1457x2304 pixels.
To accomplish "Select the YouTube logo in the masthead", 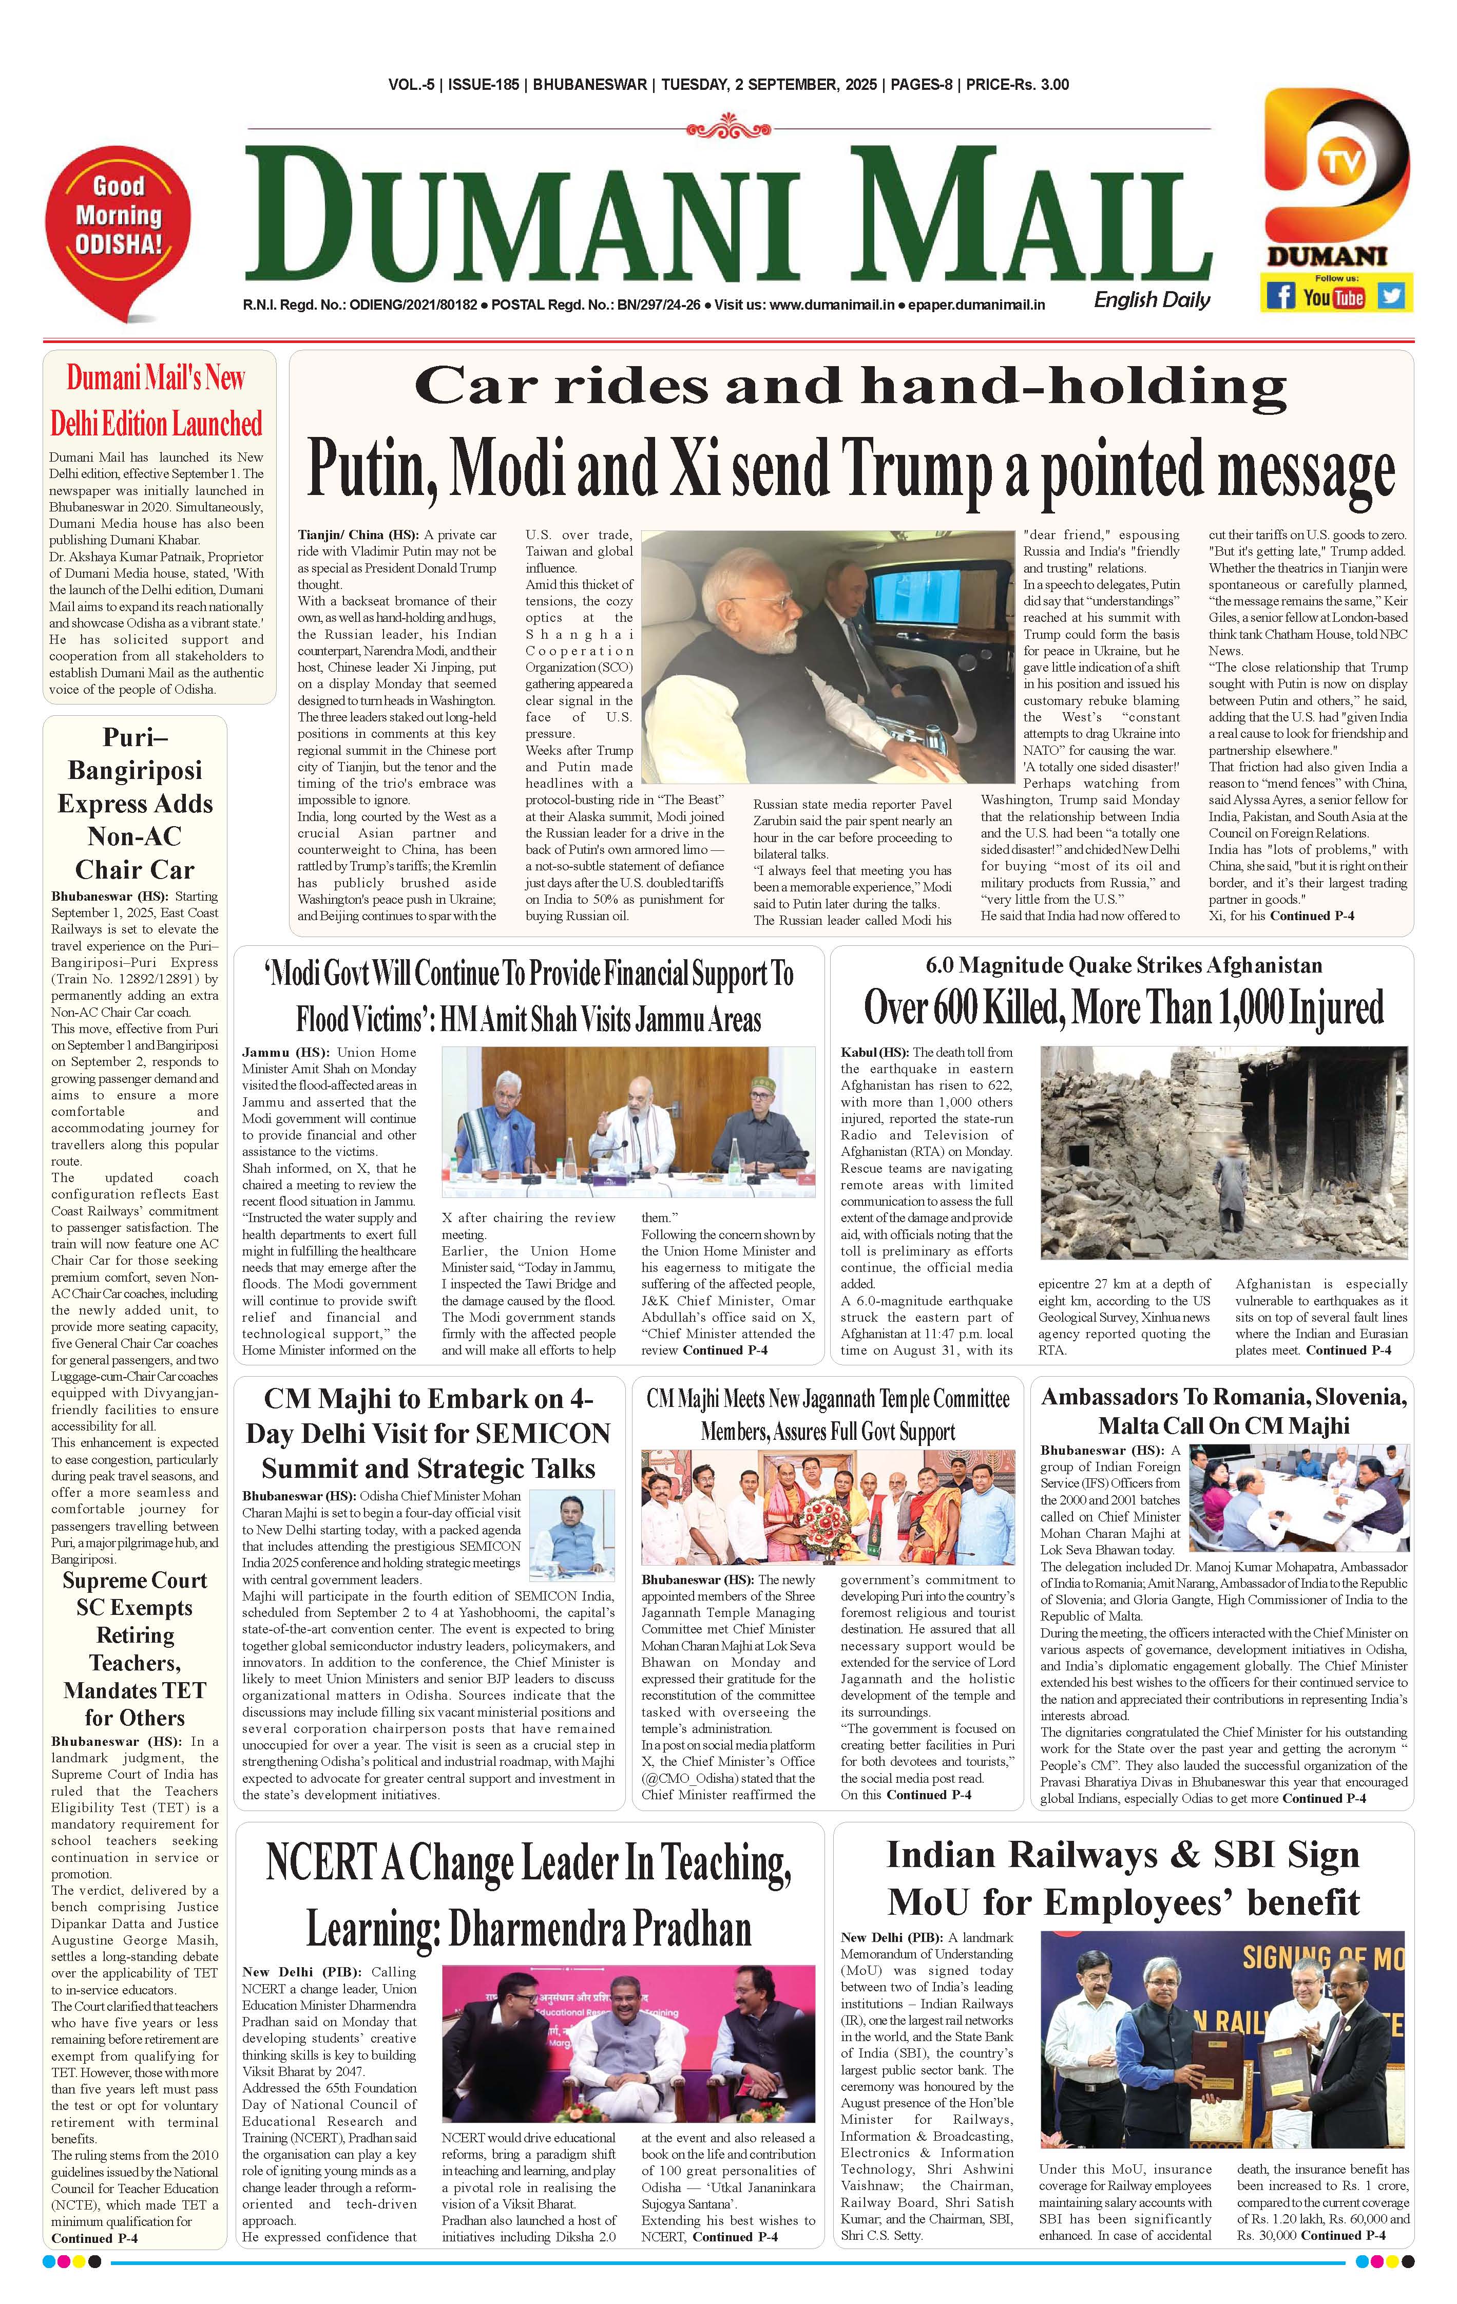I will [x=1334, y=297].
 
